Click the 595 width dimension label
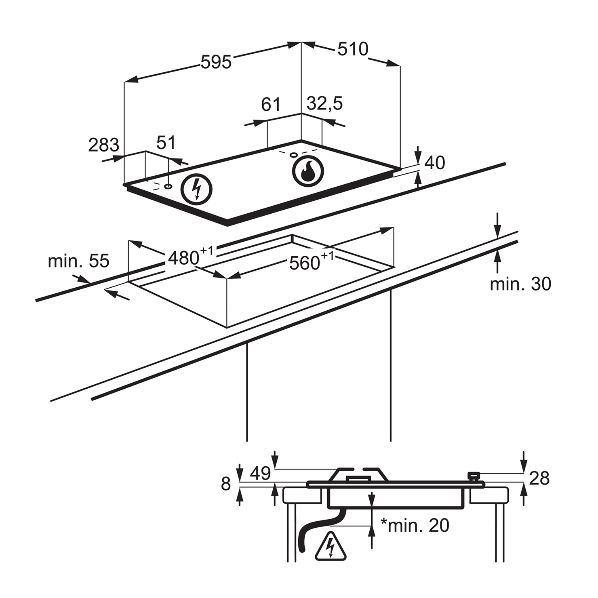216,62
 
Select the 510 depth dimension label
353,49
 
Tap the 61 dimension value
270,104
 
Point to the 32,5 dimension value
324,103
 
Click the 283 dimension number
104,145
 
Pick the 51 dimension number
166,143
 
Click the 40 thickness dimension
435,163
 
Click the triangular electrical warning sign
331,547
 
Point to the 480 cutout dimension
190,256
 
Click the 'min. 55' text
78,261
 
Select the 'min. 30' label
520,284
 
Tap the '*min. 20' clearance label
415,525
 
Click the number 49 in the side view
260,473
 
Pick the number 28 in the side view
539,478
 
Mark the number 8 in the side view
226,483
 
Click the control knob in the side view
473,476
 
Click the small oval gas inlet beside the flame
294,155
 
